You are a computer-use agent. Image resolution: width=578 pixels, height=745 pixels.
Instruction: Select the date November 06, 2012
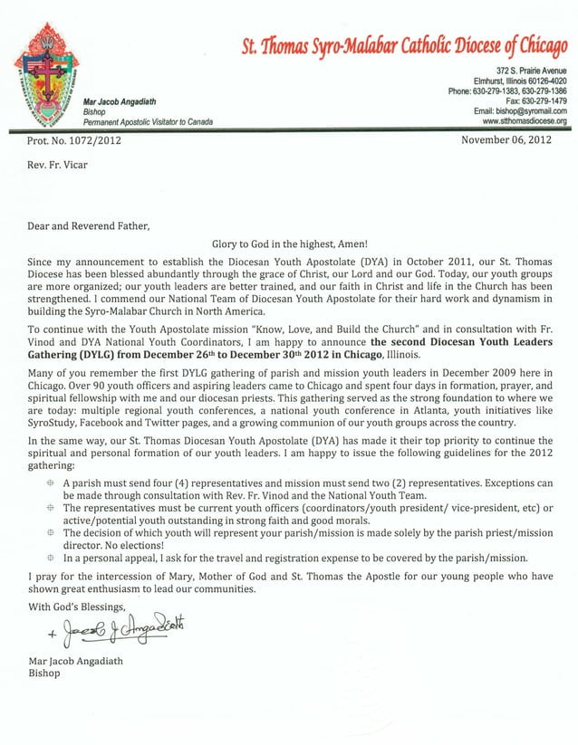point(506,140)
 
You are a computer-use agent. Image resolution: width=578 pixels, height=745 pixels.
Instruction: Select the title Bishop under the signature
point(46,673)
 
